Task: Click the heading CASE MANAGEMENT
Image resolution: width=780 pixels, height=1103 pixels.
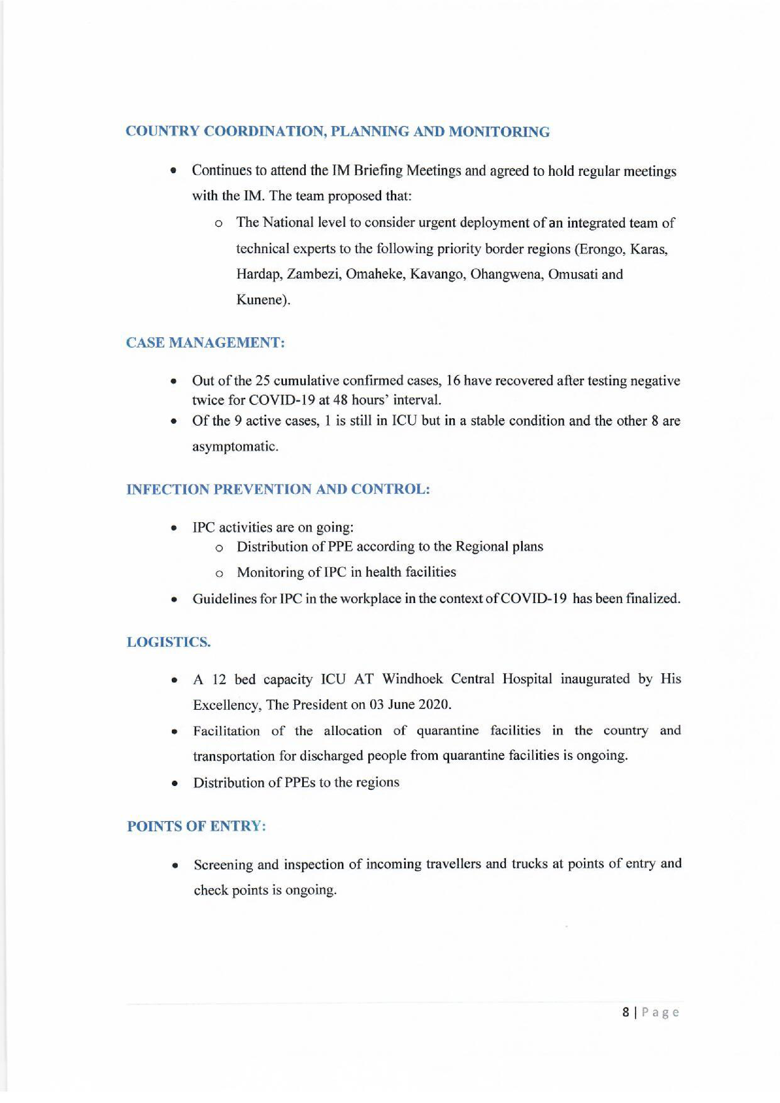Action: pos(206,343)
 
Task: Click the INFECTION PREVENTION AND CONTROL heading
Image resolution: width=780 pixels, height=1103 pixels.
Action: pos(278,489)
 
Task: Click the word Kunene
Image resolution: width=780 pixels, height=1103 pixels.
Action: pos(262,300)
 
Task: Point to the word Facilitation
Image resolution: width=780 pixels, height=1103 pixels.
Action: pos(226,731)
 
